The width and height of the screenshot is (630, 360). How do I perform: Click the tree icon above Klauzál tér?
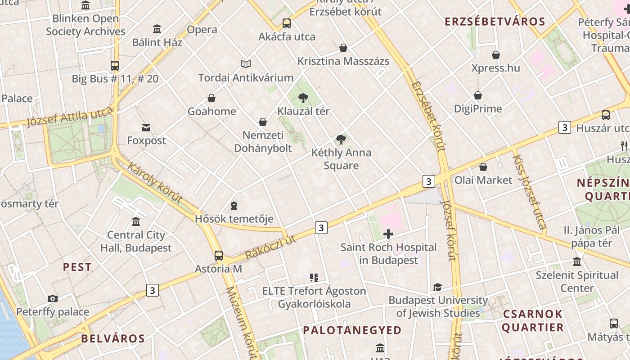point(303,98)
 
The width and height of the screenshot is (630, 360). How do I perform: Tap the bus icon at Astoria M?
point(219,256)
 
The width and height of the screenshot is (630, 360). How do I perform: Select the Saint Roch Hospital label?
point(388,253)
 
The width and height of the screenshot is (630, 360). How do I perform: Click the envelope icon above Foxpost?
point(146,127)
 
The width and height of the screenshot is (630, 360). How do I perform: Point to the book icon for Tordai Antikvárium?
point(245,64)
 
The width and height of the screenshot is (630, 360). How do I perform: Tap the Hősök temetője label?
point(234,219)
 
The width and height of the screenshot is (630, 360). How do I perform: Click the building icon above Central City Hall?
point(136,221)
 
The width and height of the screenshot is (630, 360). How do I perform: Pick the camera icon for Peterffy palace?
point(53,298)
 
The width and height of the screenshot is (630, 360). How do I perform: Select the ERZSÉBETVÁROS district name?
point(495,22)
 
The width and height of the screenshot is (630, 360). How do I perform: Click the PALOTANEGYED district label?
point(352,330)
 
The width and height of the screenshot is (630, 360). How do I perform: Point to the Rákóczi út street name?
point(271,247)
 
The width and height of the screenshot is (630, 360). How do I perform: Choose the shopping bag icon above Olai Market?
point(483,167)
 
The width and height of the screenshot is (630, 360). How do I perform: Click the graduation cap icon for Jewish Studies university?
point(437,287)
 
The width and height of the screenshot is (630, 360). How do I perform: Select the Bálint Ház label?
point(157,42)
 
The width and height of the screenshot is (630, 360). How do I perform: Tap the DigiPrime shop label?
point(477,108)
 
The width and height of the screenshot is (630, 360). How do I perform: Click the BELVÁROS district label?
point(113,338)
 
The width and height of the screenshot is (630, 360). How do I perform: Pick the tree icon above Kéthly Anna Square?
point(341,139)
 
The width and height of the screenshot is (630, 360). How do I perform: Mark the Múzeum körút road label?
point(242,322)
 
